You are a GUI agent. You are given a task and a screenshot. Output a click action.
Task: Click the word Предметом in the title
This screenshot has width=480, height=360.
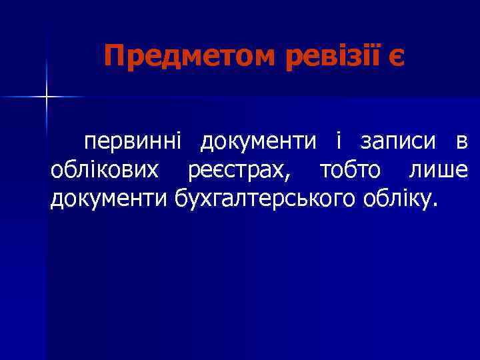tap(189, 57)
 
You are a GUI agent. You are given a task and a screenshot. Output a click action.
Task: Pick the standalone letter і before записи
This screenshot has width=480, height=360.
tap(339, 141)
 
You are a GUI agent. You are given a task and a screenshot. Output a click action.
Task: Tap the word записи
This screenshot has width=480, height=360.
tap(398, 142)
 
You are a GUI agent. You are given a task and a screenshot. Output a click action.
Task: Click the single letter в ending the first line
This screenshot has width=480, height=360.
tap(461, 143)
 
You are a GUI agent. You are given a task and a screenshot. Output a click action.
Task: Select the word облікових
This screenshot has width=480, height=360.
tap(105, 170)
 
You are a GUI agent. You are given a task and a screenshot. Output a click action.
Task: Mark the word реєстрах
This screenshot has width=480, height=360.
tap(237, 171)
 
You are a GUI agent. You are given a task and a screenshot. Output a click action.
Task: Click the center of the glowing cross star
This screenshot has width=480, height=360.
tap(47, 97)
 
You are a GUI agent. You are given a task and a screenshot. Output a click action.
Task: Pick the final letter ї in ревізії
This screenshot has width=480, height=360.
tap(369, 57)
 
